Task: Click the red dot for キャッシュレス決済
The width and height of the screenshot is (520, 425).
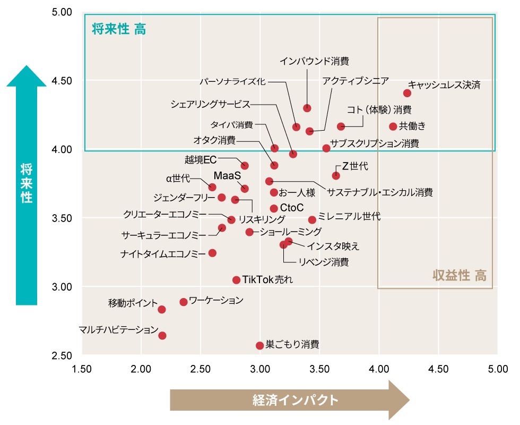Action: pos(407,93)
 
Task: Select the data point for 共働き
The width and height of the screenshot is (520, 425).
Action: pos(393,126)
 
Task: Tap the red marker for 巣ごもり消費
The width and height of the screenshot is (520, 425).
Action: pos(260,345)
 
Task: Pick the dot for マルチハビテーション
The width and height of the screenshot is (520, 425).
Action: pos(162,335)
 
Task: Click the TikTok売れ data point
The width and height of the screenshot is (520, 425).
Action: pos(237,280)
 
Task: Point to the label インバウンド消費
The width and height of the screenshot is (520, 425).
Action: pos(314,61)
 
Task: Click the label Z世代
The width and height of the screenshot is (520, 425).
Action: pos(355,166)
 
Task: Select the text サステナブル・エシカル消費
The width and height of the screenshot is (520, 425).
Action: pos(379,192)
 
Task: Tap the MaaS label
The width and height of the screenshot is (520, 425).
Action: pos(228,175)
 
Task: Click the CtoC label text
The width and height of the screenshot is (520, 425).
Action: pos(291,208)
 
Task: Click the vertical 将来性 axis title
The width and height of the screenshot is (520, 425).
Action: pos(27,184)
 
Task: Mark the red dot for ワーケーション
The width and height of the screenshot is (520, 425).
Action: pos(184,302)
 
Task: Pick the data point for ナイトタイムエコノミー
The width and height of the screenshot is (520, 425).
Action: pos(212,253)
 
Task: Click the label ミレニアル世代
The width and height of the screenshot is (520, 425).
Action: pos(349,217)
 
